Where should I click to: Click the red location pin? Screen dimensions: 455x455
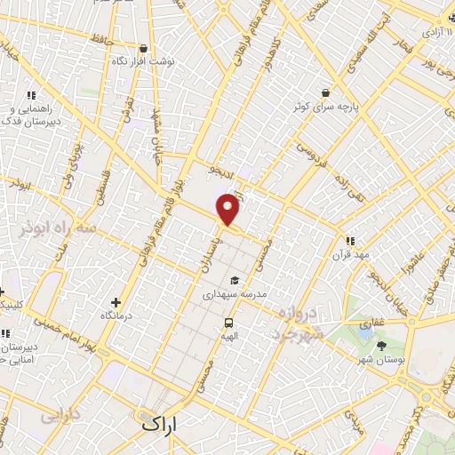[228, 210]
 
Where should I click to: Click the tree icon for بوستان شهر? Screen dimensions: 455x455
[382, 347]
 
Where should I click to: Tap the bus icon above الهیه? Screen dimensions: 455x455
[228, 323]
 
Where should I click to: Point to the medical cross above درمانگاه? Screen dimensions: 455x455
[116, 303]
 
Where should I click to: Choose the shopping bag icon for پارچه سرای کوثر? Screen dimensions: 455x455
[326, 92]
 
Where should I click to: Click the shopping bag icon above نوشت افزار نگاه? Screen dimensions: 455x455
[144, 48]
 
